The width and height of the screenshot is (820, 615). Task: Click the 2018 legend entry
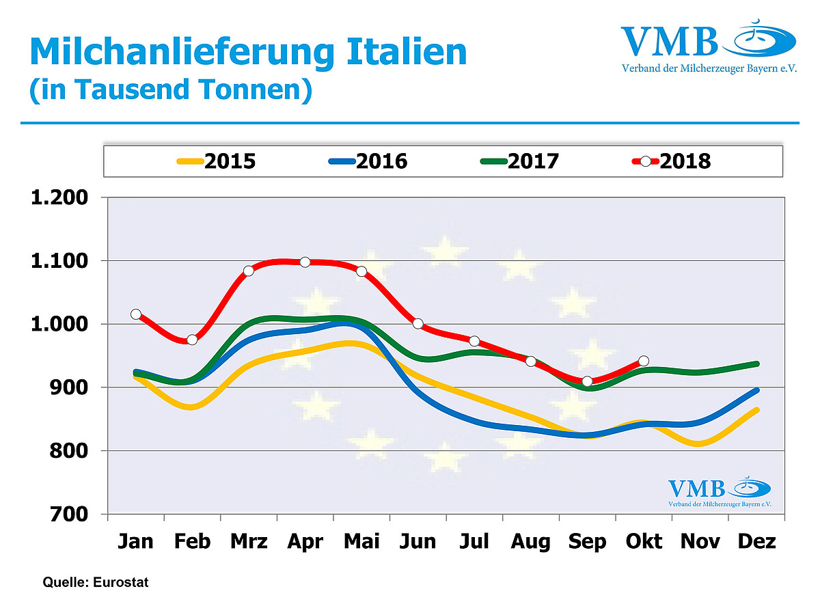[672, 161]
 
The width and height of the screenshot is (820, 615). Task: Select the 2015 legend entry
[217, 161]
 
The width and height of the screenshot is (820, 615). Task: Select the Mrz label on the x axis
[249, 542]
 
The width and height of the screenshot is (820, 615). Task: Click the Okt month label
[644, 542]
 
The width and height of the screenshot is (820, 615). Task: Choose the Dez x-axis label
[757, 542]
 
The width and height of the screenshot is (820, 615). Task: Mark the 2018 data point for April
[305, 262]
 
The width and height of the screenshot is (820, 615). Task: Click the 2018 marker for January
[136, 314]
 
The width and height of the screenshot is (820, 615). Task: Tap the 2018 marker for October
[644, 361]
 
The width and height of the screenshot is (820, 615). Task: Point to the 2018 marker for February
[192, 340]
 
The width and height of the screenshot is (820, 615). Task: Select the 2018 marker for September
[587, 381]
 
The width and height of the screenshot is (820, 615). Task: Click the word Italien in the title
[400, 52]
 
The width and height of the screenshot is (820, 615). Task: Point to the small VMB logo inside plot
[720, 492]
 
